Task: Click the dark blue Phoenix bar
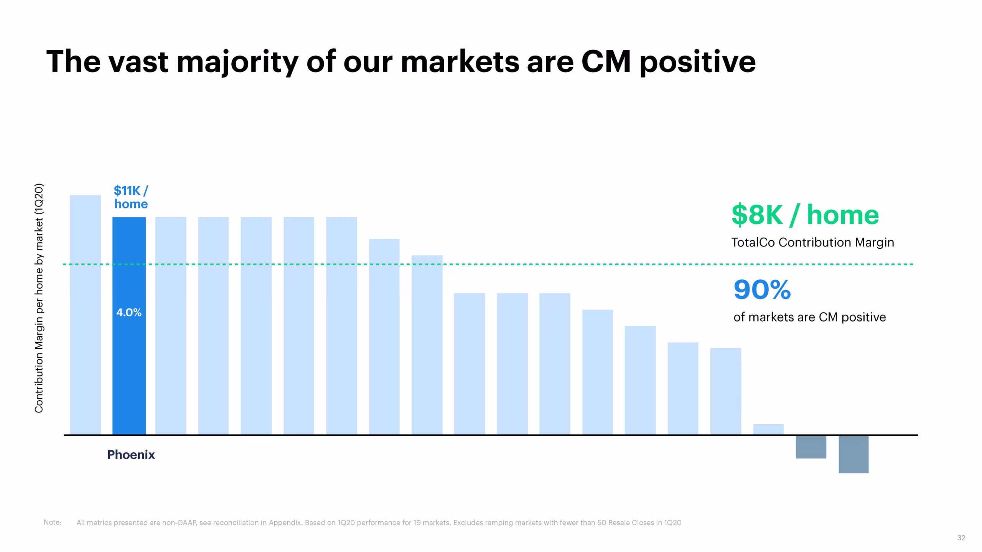[x=129, y=326]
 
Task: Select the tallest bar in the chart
[x=85, y=315]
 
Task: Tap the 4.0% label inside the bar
[x=129, y=313]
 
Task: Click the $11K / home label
[x=131, y=197]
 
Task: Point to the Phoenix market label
[x=131, y=455]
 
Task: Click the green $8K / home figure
[x=805, y=215]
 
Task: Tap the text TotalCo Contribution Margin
[x=812, y=243]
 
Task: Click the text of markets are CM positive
[x=809, y=317]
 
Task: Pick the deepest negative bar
[x=853, y=454]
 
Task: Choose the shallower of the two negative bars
[x=811, y=447]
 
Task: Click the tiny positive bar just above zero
[x=768, y=429]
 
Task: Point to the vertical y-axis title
[x=39, y=299]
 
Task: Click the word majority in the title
[x=237, y=62]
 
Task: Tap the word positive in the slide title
[x=697, y=62]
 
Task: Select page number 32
[x=961, y=538]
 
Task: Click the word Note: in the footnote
[x=53, y=522]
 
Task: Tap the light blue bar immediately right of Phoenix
[x=171, y=326]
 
